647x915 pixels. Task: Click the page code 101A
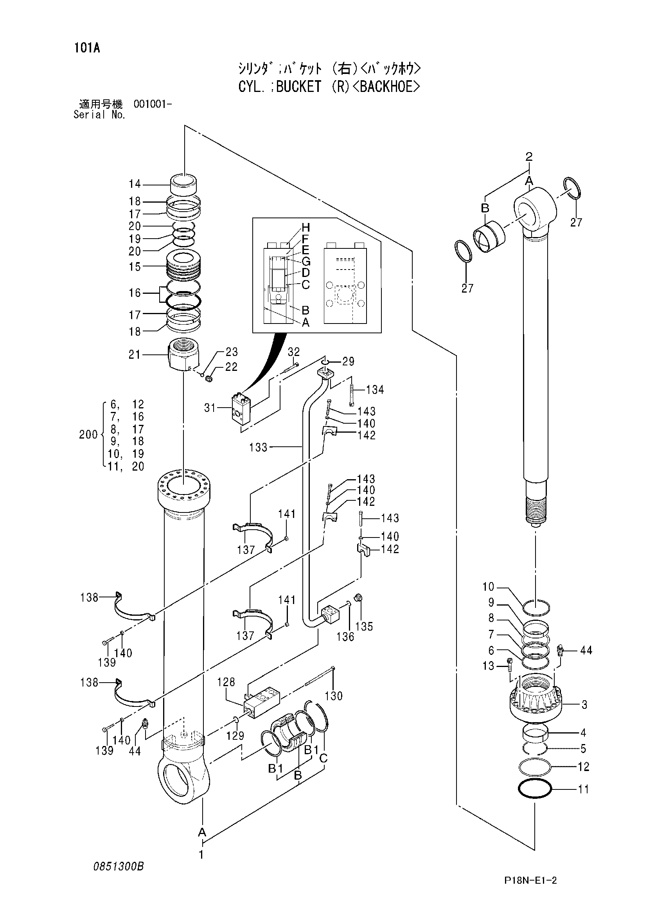point(86,49)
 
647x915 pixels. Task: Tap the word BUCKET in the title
point(298,86)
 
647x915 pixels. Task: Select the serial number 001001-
point(153,104)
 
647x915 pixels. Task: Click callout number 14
point(135,184)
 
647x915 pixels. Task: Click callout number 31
point(210,408)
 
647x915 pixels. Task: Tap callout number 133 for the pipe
point(258,448)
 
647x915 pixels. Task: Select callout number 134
point(375,389)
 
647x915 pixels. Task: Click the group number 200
point(88,434)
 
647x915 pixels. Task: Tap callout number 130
point(334,696)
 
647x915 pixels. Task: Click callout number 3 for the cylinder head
point(584,705)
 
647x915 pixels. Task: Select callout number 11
point(583,789)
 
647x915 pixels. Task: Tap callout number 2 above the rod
point(529,156)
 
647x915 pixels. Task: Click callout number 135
point(364,627)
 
